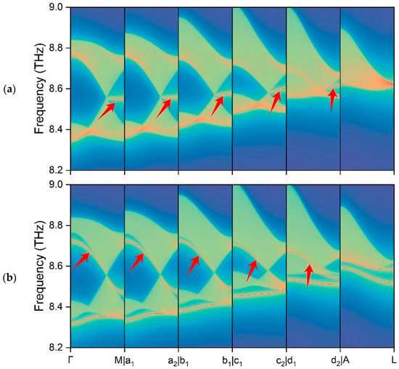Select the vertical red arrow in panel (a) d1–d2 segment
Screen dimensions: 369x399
[332, 99]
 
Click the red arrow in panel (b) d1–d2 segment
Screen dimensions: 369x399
[308, 275]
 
